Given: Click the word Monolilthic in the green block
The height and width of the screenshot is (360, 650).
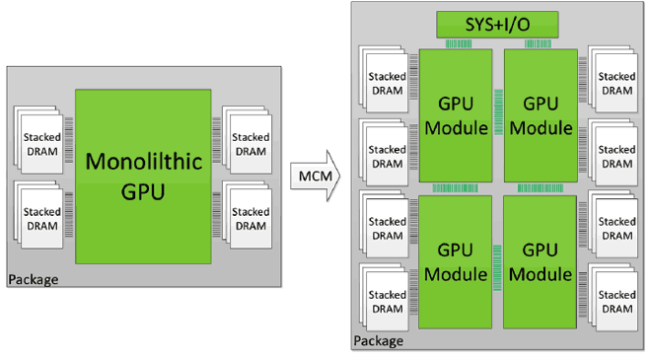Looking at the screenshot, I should point(142,161).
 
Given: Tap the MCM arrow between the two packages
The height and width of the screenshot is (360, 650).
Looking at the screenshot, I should point(314,177).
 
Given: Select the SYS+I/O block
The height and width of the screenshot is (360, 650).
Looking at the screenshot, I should point(497,24).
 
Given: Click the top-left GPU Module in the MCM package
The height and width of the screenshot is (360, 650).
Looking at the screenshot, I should point(455,115).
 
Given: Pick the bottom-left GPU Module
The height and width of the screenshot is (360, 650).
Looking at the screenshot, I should point(455,261).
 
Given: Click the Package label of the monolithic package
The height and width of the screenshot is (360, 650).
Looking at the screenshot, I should point(34,280).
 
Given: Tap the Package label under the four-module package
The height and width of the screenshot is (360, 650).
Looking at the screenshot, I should point(378,341).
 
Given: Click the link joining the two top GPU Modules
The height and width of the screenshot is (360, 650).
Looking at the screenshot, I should point(498,98).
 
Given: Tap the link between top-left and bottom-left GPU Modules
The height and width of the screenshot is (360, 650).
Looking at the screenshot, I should point(455,187).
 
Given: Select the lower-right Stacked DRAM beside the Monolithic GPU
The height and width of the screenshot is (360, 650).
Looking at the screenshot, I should point(250,219).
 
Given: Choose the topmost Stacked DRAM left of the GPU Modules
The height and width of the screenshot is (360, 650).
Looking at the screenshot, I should point(386,84).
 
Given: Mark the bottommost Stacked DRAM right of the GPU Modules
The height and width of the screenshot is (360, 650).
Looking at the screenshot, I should point(615,302).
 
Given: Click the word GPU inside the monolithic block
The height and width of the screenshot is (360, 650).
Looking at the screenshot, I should point(142,192).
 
